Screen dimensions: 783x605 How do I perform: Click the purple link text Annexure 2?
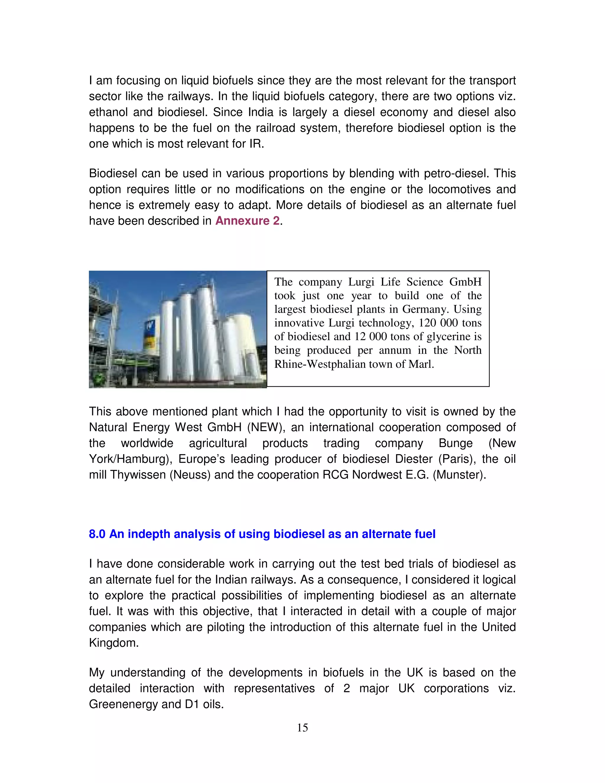pyautogui.click(x=247, y=221)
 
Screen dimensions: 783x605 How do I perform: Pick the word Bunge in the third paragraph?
pyautogui.click(x=455, y=443)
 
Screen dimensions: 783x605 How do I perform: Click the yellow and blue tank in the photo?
pyautogui.click(x=151, y=337)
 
